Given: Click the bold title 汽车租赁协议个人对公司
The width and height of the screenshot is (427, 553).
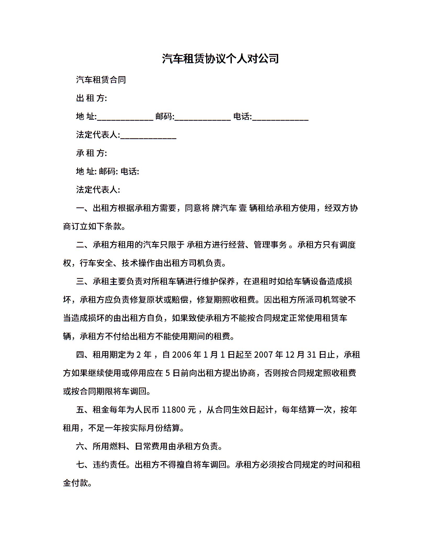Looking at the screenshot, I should (x=220, y=59).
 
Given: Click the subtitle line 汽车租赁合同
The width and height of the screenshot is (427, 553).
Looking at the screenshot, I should (x=101, y=80).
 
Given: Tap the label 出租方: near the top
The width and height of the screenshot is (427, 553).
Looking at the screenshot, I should (x=91, y=98).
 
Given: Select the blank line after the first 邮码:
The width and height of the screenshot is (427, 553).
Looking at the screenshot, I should (x=203, y=117).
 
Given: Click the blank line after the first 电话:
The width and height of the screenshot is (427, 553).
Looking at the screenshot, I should (x=280, y=117).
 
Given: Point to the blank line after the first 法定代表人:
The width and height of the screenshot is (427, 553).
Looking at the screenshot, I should (x=148, y=135).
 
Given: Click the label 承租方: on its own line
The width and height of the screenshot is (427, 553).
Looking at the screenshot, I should (x=91, y=153).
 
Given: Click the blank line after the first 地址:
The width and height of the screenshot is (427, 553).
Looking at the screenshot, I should (x=125, y=117).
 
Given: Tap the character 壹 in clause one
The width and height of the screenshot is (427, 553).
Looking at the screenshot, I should (x=243, y=208).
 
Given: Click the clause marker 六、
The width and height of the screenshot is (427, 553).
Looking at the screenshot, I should (x=84, y=446).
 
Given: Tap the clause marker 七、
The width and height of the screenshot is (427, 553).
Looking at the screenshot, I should (x=84, y=465).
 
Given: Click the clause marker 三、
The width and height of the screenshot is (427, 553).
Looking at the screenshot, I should (x=84, y=281).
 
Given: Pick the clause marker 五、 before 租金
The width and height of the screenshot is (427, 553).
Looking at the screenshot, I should (x=84, y=410).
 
